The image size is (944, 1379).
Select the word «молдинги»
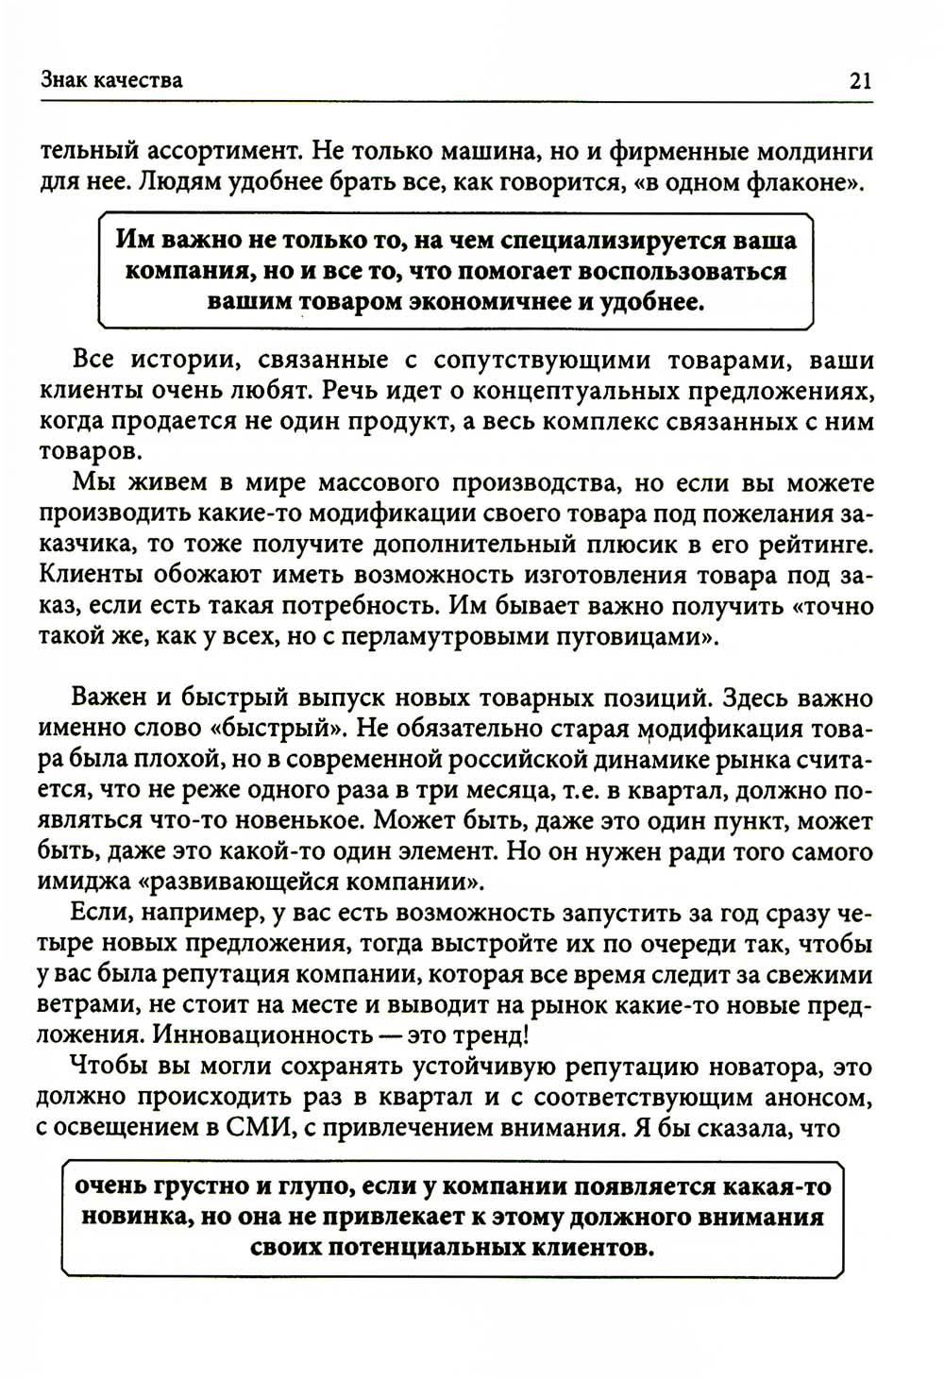click(x=820, y=151)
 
